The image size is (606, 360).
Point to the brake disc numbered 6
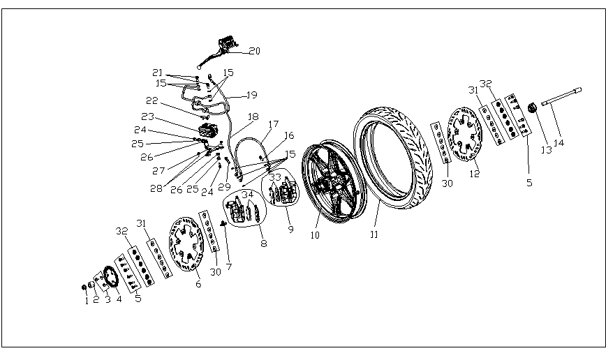[x=185, y=247]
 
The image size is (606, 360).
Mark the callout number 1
[x=87, y=301]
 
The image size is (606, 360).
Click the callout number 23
[x=147, y=117]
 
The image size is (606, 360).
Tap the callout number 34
[x=247, y=193]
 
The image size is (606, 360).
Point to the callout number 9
[x=290, y=228]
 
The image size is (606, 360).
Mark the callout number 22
[x=151, y=101]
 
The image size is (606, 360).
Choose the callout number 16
[x=289, y=135]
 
